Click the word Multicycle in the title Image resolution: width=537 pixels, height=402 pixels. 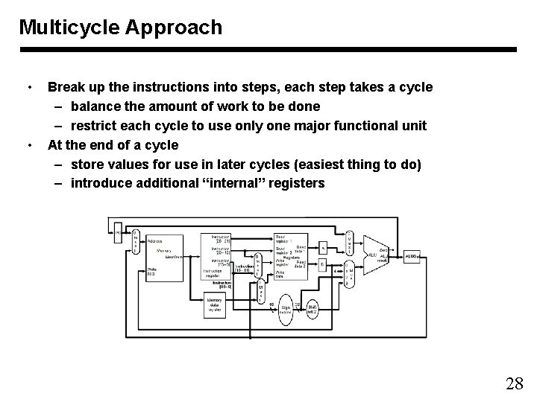(x=64, y=28)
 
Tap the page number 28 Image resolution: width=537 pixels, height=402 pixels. (x=514, y=384)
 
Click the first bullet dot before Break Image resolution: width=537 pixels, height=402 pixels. (x=28, y=87)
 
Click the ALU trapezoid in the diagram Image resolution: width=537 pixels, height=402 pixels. (x=374, y=254)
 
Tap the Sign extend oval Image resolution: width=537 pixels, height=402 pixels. (x=286, y=309)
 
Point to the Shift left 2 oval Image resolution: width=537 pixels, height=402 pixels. (x=314, y=307)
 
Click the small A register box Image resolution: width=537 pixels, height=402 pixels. (x=322, y=248)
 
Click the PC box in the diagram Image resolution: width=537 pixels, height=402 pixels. (x=117, y=233)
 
